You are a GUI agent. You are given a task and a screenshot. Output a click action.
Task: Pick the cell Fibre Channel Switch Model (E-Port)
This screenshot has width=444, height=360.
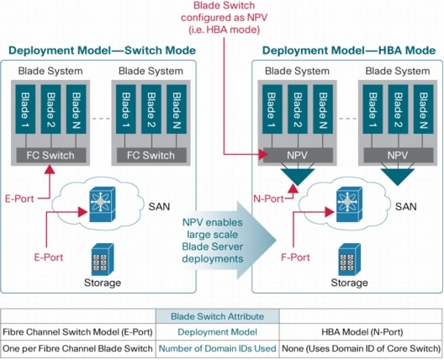(83, 332)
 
